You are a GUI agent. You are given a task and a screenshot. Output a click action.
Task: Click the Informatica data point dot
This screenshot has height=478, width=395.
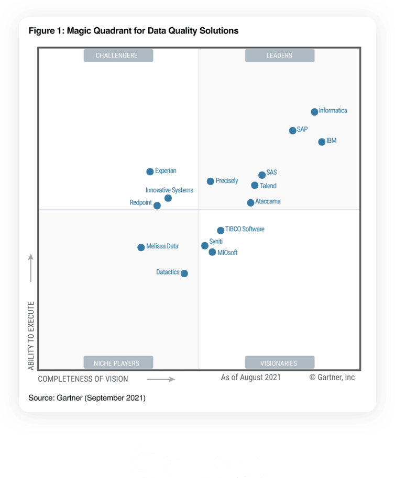pyautogui.click(x=314, y=112)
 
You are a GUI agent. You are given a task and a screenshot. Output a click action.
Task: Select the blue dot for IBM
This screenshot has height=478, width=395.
pyautogui.click(x=322, y=142)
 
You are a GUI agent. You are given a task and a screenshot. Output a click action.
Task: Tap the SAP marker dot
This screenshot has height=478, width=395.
pyautogui.click(x=293, y=130)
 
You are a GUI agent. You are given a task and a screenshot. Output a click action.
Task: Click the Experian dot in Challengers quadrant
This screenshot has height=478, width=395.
pyautogui.click(x=150, y=172)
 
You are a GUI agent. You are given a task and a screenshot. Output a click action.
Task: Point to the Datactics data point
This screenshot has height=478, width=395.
pyautogui.click(x=184, y=273)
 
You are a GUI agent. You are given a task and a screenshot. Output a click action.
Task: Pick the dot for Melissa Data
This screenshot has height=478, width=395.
pyautogui.click(x=141, y=247)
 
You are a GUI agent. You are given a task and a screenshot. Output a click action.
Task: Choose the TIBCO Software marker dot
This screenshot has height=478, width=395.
pyautogui.click(x=221, y=230)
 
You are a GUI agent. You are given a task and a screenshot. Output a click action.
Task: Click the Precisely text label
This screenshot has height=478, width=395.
pyautogui.click(x=227, y=181)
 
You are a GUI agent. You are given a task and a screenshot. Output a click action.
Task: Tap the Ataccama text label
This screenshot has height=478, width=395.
pyautogui.click(x=268, y=202)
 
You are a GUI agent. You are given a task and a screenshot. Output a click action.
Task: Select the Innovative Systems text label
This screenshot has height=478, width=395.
pyautogui.click(x=169, y=190)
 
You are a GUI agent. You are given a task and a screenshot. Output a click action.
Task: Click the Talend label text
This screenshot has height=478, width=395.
pyautogui.click(x=268, y=186)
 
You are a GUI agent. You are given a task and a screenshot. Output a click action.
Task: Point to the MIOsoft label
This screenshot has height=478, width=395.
pyautogui.click(x=227, y=253)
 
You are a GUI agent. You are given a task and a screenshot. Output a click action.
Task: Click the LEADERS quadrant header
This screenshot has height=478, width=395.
pyautogui.click(x=280, y=55)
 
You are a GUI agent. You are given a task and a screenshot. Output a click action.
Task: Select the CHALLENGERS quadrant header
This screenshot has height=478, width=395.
pyautogui.click(x=118, y=55)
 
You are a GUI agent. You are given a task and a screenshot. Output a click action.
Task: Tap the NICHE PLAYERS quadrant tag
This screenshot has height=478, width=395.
pyautogui.click(x=118, y=363)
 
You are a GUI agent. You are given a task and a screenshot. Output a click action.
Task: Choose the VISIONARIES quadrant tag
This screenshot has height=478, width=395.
pyautogui.click(x=280, y=363)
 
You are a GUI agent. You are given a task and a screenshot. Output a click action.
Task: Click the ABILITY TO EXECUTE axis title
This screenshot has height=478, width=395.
pyautogui.click(x=31, y=336)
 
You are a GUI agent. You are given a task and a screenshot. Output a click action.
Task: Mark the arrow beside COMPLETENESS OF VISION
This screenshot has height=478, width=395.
pyautogui.click(x=160, y=379)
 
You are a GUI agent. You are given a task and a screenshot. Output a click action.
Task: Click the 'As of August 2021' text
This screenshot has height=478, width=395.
pyautogui.click(x=250, y=377)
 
